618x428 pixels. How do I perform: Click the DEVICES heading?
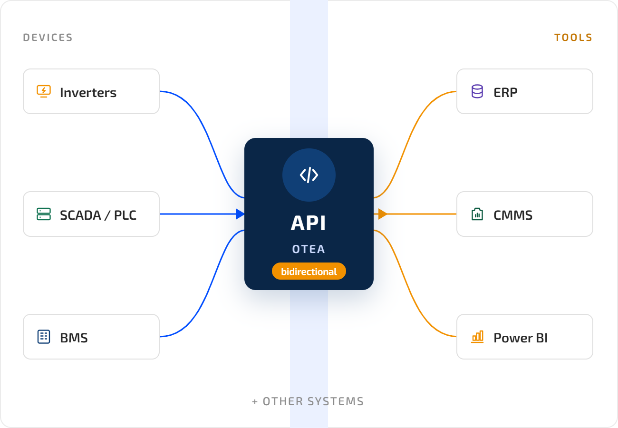click(x=48, y=38)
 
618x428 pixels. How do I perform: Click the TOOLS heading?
click(x=573, y=38)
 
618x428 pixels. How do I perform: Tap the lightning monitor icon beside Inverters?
click(x=44, y=91)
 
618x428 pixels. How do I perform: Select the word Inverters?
click(x=88, y=92)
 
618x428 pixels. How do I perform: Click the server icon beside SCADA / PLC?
click(x=44, y=214)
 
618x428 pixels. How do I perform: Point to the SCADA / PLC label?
click(x=98, y=215)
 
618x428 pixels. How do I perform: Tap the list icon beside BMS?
click(x=44, y=337)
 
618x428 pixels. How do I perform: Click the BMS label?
click(x=74, y=338)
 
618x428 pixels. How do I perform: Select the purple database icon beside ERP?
click(x=477, y=91)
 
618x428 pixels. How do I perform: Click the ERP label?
click(x=505, y=92)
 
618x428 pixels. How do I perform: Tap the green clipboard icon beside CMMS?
click(x=477, y=214)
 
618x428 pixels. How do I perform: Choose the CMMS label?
click(x=513, y=215)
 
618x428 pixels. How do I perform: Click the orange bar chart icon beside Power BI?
click(x=477, y=337)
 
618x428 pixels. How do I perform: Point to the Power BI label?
click(x=521, y=338)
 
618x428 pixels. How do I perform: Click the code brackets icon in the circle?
click(x=309, y=175)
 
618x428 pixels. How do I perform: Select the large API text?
click(x=309, y=223)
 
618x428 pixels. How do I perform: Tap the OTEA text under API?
click(x=309, y=249)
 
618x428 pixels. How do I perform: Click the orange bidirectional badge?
click(x=309, y=271)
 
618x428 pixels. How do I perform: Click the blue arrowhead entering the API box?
click(x=240, y=214)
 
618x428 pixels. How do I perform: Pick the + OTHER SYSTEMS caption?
click(x=308, y=401)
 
